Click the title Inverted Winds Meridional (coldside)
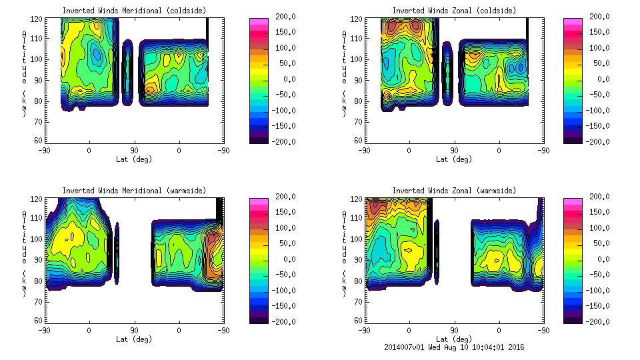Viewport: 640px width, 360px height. [x=134, y=11]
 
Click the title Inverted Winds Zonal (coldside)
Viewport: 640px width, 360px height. [x=454, y=11]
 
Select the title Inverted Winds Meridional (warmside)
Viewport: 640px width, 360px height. [x=134, y=191]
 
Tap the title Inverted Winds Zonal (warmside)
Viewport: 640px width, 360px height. [x=454, y=191]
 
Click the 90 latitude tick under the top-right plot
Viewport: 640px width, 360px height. [x=454, y=151]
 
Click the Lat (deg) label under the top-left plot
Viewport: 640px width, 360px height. [x=134, y=159]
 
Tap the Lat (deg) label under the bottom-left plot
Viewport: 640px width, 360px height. [x=134, y=339]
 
